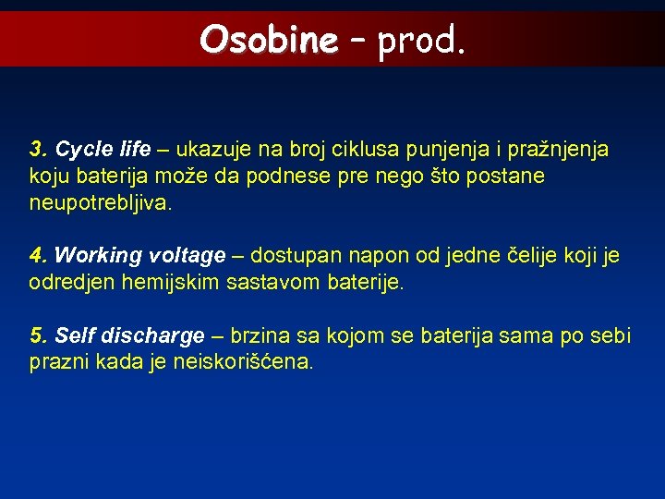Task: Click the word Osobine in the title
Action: click(x=269, y=39)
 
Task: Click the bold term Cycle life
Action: click(x=103, y=149)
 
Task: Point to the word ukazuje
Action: click(x=212, y=149)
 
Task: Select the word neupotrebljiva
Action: click(x=101, y=202)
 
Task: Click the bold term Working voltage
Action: click(x=140, y=255)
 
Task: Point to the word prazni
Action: click(x=57, y=362)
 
